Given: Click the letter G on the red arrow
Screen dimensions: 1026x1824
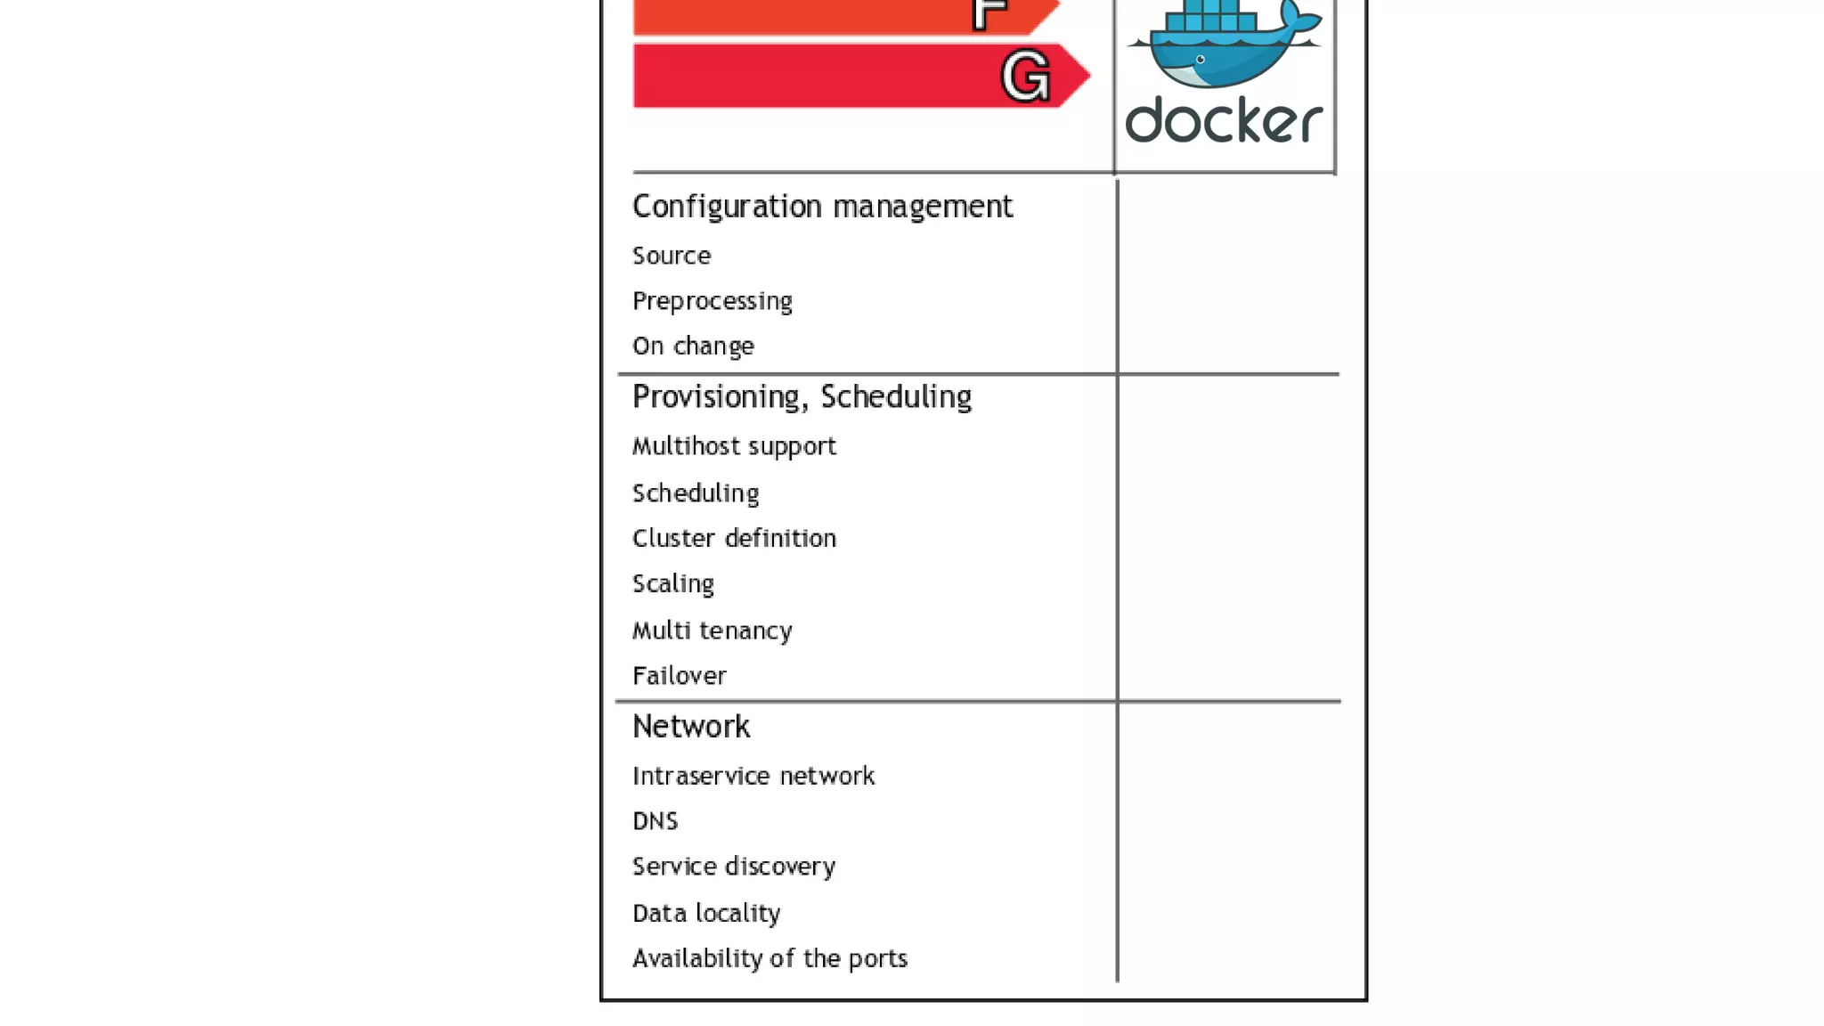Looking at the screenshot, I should pos(1026,77).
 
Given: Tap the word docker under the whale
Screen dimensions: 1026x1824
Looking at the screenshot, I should pos(1224,121).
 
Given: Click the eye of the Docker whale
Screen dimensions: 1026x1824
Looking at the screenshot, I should pos(1201,60).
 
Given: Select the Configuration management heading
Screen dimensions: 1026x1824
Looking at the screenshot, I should pos(822,207).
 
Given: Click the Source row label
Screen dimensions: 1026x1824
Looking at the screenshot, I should pos(672,256).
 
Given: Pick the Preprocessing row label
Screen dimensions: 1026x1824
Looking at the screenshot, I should pos(712,301).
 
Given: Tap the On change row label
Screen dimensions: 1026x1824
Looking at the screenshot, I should pos(693,346).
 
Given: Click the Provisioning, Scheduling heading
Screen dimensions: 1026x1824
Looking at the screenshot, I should pos(802,397).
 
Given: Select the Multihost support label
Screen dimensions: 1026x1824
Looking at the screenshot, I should pos(734,446).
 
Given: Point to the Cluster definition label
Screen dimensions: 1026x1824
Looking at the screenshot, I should pos(734,538).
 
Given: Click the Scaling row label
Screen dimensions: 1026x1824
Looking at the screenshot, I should pos(673,584).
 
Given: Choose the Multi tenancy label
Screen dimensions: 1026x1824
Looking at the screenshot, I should pos(712,631).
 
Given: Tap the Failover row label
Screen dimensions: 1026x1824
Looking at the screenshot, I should pos(680,676).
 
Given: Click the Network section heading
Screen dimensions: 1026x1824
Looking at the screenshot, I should pos(691,727).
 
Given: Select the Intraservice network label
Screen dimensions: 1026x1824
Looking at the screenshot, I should pos(753,777).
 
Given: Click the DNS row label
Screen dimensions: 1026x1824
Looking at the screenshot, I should pos(655,821).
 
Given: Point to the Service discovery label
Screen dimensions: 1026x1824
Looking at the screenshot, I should pos(734,867).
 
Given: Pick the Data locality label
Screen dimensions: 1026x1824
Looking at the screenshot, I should pos(706,913).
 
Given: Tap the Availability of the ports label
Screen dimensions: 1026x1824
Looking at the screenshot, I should pos(769,958).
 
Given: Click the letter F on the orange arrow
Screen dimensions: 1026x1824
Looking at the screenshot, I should pos(989,12).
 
